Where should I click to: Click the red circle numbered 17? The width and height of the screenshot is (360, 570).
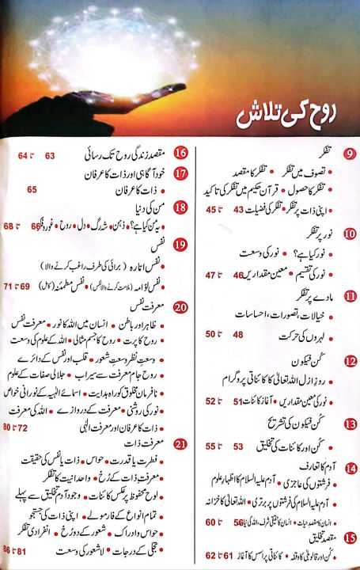(181, 173)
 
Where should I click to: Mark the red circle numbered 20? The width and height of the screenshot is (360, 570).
(181, 307)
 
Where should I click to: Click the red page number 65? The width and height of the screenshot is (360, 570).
(32, 189)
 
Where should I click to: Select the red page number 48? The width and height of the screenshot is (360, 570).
(237, 334)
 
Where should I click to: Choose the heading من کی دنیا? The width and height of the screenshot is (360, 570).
(143, 207)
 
